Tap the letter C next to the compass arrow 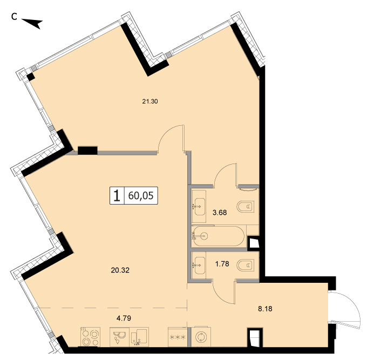point(14,16)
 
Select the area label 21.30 point(150,101)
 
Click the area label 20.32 point(120,270)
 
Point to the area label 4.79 point(124,318)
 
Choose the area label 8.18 point(265,309)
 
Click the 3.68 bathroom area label point(220,213)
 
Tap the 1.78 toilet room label point(222,264)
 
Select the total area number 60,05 point(141,195)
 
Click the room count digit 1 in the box point(117,196)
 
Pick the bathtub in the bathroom point(219,236)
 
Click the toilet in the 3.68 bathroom point(246,207)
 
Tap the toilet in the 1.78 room point(246,266)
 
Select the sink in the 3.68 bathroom point(199,207)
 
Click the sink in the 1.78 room point(199,265)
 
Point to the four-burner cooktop point(90,337)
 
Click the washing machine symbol point(201,337)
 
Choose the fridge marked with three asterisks point(178,337)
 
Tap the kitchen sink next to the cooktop point(129,337)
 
